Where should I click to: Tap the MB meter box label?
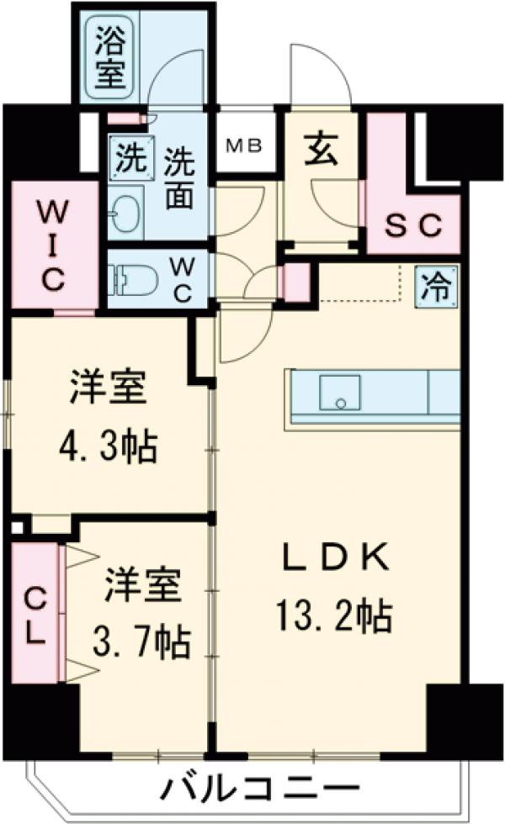245,144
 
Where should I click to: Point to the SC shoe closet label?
413,224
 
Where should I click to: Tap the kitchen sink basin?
339,393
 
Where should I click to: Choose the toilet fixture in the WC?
136,280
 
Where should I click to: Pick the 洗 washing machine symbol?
130,156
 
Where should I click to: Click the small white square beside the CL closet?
17,529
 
